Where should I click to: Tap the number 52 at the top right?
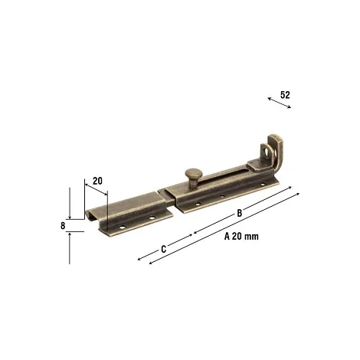click(285, 95)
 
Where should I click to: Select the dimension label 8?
click(63, 226)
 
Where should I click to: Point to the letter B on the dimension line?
click(239, 213)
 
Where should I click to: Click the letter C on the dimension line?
click(164, 249)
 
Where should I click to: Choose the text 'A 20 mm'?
click(241, 237)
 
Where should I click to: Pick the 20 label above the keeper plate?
click(97, 181)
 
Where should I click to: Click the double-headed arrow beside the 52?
click(279, 103)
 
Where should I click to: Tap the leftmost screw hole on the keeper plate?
click(123, 227)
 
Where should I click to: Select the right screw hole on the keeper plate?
click(152, 218)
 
